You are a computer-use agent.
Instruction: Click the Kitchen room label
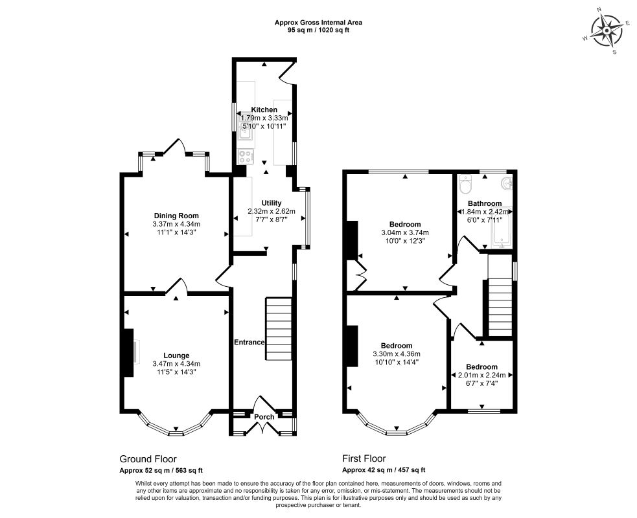(x=264, y=109)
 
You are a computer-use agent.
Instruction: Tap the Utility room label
(x=272, y=203)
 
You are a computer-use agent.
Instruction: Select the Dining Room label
(x=176, y=216)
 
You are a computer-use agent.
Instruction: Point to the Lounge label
(x=176, y=355)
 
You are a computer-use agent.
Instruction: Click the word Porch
(x=264, y=417)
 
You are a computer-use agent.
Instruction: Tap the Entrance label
(x=249, y=343)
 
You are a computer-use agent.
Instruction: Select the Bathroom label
(x=485, y=203)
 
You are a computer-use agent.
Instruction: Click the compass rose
(x=607, y=31)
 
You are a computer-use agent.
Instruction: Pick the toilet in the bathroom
(x=465, y=185)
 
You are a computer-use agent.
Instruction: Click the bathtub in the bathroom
(x=502, y=227)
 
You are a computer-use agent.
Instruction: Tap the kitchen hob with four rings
(x=246, y=156)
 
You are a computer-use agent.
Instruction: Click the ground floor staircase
(x=279, y=329)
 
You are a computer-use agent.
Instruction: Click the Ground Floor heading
(x=148, y=459)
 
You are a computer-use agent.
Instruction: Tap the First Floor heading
(x=364, y=458)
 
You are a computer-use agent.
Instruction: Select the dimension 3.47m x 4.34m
(x=176, y=364)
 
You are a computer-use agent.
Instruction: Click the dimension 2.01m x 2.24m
(x=482, y=375)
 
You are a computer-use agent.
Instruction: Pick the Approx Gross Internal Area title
(x=318, y=23)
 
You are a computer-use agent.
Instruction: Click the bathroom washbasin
(x=507, y=183)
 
